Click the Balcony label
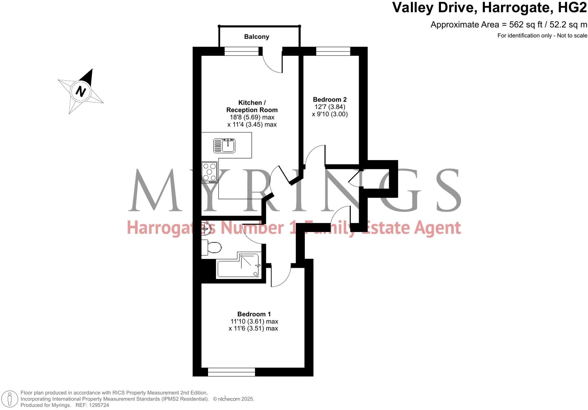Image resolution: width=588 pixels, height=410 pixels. tap(257, 37)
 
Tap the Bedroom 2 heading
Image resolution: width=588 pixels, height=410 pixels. tap(330, 99)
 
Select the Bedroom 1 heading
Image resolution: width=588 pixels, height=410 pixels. tap(254, 314)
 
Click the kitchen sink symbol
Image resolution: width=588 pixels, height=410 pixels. tap(224, 146)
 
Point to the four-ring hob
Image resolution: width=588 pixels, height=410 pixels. tap(210, 172)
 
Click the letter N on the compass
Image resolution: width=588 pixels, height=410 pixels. tap(81, 91)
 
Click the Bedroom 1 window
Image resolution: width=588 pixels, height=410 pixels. tap(231, 372)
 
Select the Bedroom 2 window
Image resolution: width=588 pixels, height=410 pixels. tap(333, 51)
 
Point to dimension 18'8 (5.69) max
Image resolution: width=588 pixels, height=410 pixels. tap(252, 117)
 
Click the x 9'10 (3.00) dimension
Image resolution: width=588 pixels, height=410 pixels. tap(330, 114)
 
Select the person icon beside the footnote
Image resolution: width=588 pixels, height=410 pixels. tap(10, 399)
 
